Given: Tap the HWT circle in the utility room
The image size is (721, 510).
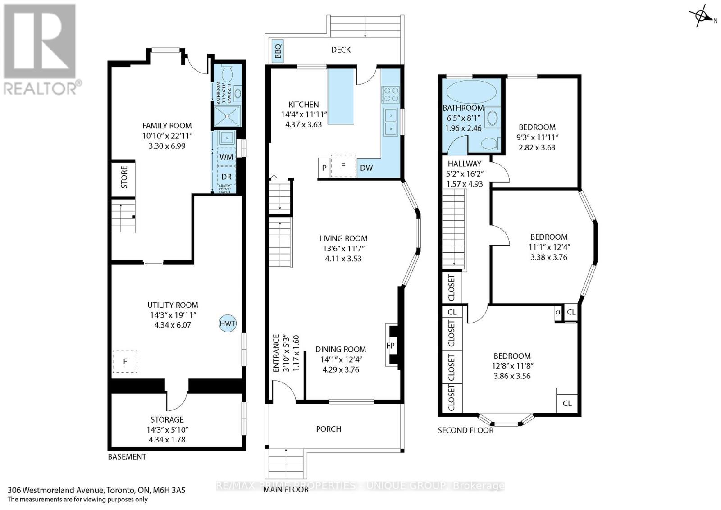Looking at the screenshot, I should [228, 323].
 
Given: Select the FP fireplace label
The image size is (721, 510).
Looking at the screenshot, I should [390, 345].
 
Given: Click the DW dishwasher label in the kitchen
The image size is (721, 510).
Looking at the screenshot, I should [366, 168].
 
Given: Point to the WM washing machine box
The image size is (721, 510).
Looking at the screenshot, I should [226, 157].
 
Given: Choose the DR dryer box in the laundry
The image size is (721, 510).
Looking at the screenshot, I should [226, 177].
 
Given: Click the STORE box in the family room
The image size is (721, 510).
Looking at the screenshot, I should [124, 178].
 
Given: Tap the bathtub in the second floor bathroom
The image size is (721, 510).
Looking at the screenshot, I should [471, 91].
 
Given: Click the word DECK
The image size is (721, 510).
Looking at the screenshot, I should [341, 50].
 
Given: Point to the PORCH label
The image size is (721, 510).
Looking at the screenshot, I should [329, 429].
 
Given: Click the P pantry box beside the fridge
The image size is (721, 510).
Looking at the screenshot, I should [324, 168].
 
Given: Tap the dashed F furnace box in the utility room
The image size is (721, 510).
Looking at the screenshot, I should [125, 361].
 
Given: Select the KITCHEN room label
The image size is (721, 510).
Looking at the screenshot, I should [304, 104].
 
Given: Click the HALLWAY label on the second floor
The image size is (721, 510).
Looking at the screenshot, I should [465, 164].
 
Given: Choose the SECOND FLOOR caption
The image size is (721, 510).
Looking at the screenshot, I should [465, 430].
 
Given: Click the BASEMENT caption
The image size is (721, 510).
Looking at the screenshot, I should [127, 456].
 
